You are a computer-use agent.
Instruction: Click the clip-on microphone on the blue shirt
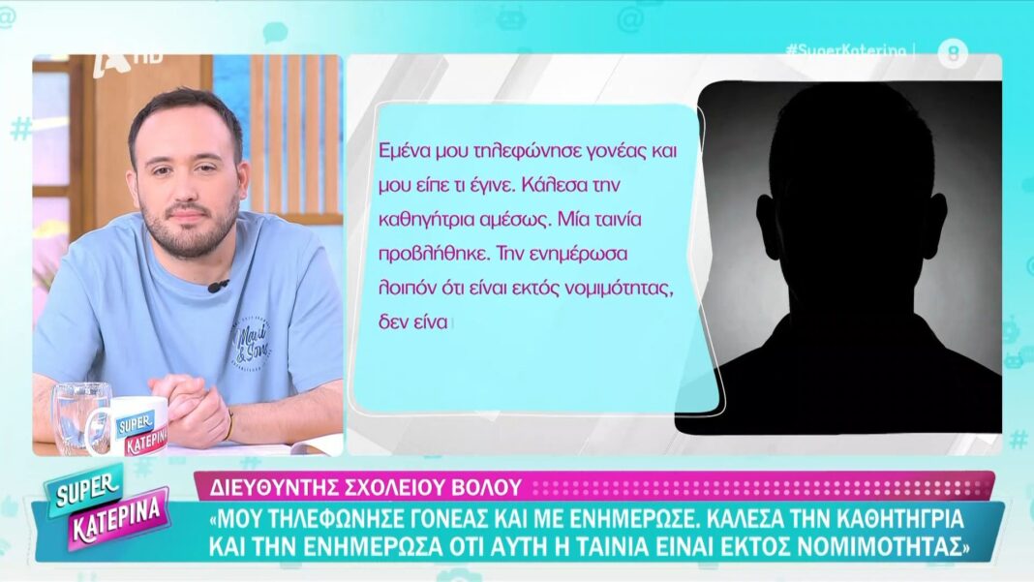218,286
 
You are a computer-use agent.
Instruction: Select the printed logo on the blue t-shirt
252,342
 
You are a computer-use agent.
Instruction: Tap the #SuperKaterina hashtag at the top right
846,50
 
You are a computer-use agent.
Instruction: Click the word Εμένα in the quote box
405,151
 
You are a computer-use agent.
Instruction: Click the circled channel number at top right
953,53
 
